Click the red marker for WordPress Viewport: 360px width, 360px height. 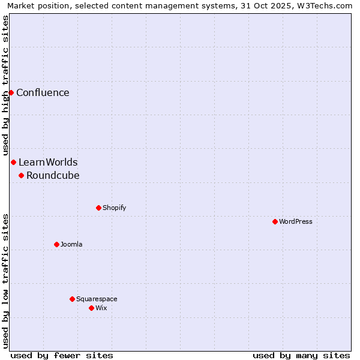[x=275, y=221]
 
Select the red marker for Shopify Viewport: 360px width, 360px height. [x=98, y=208]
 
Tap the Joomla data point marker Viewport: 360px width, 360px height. [x=56, y=244]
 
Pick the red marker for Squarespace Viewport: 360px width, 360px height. [x=72, y=299]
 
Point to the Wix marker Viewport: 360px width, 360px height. [x=91, y=308]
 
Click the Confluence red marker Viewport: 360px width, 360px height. [x=11, y=92]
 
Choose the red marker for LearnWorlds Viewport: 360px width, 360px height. [x=13, y=162]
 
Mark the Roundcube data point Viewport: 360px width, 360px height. [x=21, y=175]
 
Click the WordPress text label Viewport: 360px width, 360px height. [x=296, y=221]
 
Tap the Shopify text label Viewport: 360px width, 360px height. [x=114, y=208]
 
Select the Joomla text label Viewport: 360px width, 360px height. [x=71, y=244]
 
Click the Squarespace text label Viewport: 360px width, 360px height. [x=97, y=299]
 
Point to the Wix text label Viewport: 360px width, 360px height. [x=101, y=308]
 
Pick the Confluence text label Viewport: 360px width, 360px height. [x=43, y=92]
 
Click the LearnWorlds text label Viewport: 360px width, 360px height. [x=48, y=162]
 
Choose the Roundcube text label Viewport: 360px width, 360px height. [x=53, y=175]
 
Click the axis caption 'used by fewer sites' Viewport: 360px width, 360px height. [x=62, y=355]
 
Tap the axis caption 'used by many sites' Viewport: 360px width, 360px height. [x=301, y=355]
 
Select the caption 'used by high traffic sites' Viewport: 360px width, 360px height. [x=5, y=86]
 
